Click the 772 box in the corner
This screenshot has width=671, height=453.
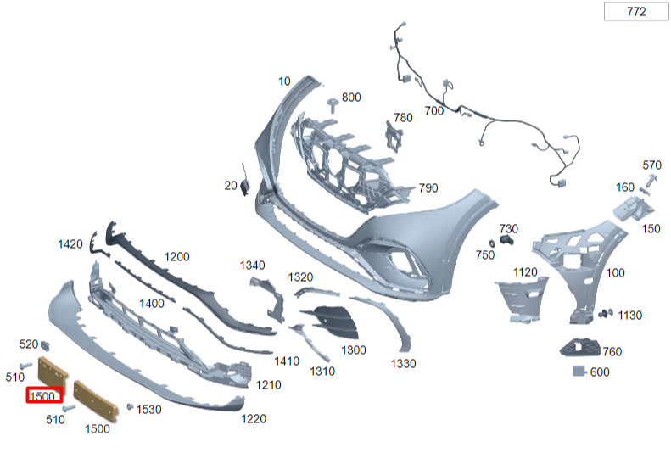tap(636, 11)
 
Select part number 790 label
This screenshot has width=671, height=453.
tap(428, 187)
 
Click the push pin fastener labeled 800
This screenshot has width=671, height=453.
tap(332, 105)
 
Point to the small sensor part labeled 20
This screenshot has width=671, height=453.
tap(244, 182)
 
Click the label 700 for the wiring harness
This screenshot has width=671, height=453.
tap(434, 111)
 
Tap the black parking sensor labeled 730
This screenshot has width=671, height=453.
tap(506, 240)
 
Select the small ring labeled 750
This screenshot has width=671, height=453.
tap(492, 243)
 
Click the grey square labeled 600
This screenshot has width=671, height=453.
tap(579, 371)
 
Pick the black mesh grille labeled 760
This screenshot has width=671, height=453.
tap(579, 347)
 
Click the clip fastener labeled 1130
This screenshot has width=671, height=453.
tap(606, 314)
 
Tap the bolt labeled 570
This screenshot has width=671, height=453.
tap(652, 181)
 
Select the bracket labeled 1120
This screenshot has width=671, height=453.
tap(521, 300)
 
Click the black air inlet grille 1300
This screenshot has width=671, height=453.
tap(333, 322)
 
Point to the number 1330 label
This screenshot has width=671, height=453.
tap(403, 364)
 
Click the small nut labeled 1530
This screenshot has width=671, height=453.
tap(130, 406)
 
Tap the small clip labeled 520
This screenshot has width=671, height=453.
tap(45, 344)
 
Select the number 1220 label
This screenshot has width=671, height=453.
tap(254, 418)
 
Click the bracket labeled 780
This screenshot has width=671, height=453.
tap(394, 137)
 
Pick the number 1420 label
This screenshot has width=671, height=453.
tap(70, 243)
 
